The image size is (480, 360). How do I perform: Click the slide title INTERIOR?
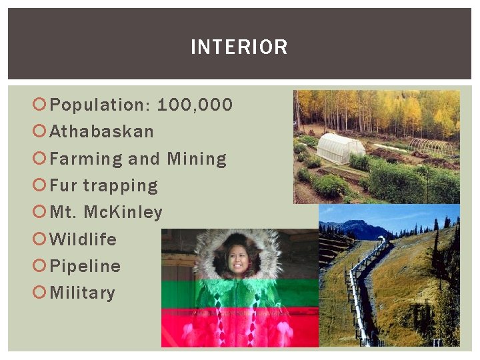[239, 47]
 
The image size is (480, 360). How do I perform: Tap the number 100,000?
[195, 105]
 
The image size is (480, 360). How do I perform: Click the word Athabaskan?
[102, 132]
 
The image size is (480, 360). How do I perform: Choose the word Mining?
[197, 159]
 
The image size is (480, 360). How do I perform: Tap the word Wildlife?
[83, 239]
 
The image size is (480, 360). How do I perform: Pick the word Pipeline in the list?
[85, 266]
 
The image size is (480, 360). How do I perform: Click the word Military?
[83, 293]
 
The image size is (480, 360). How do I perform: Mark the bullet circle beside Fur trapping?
[39, 185]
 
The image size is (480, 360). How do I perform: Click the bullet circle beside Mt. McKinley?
[39, 212]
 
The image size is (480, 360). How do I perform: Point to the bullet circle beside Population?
[39, 105]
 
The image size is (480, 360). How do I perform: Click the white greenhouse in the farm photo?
[341, 147]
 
